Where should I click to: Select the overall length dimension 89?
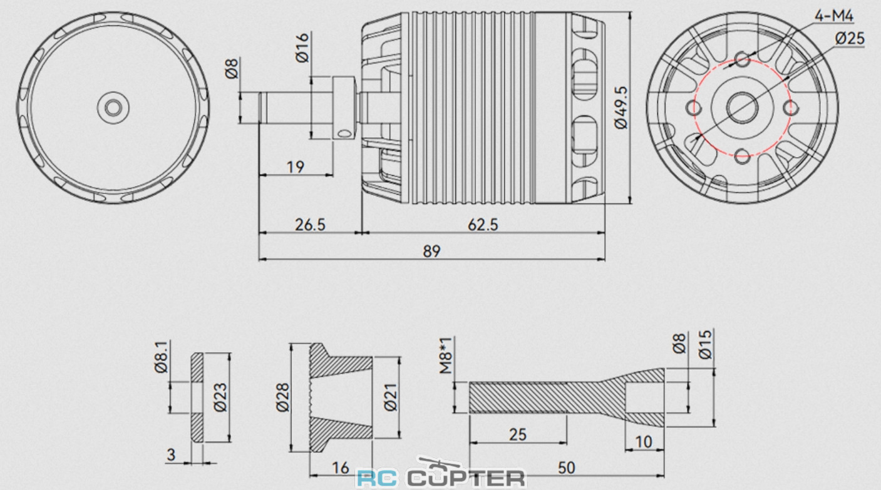[x=431, y=251]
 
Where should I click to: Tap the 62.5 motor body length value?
[x=483, y=224]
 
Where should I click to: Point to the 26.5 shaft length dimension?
[x=310, y=224]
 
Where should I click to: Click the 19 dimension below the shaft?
[x=296, y=166]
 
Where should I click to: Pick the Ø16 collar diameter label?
[x=302, y=48]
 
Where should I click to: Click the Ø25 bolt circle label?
[x=849, y=38]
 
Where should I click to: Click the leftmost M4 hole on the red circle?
[x=694, y=108]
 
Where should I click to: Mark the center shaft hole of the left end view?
[x=113, y=108]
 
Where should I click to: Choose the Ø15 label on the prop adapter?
[x=706, y=345]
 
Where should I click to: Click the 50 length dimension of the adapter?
[x=566, y=467]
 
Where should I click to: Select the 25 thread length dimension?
[x=518, y=434]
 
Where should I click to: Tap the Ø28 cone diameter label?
[x=282, y=397]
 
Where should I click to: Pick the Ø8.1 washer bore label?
[x=161, y=357]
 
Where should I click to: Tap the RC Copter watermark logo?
[x=440, y=477]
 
